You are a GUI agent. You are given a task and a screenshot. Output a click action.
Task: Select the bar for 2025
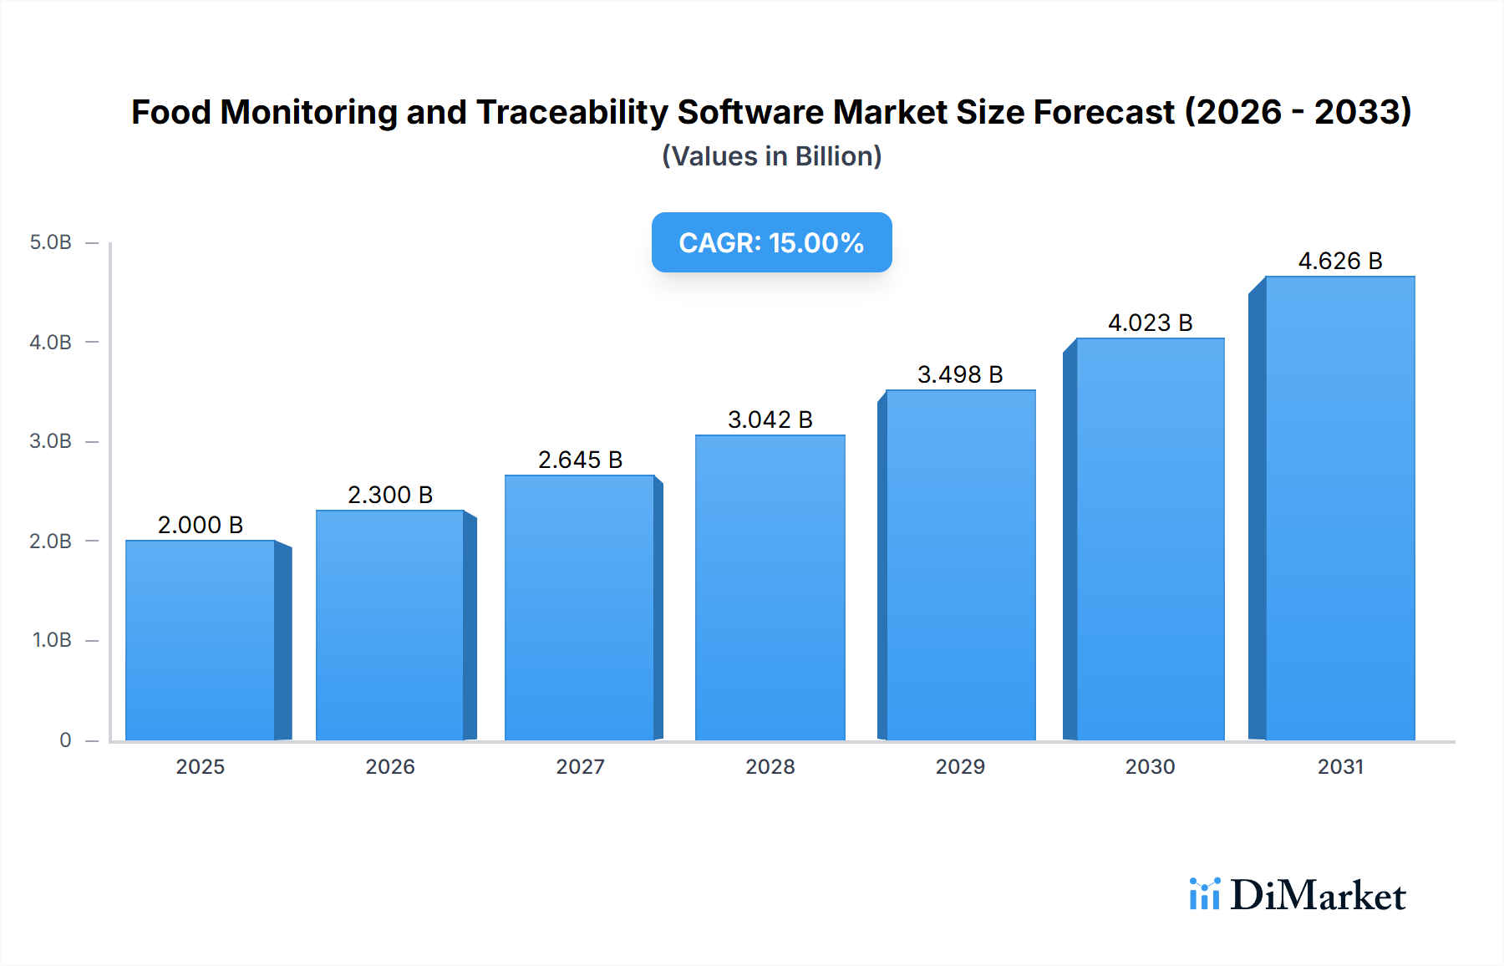[201, 640]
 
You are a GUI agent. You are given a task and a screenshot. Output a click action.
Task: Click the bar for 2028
[770, 587]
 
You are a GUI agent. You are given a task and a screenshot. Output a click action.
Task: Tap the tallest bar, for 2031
[1339, 508]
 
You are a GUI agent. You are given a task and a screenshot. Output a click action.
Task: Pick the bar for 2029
[960, 565]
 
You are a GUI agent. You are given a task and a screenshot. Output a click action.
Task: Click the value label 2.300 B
[390, 495]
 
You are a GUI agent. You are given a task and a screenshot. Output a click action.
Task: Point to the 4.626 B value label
[1339, 261]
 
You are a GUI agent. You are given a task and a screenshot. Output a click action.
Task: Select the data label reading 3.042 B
[770, 419]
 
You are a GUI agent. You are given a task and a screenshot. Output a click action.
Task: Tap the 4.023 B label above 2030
[1150, 323]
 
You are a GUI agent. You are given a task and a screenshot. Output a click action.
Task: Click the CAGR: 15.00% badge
[771, 242]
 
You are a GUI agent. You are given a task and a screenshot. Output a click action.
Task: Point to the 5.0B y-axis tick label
[50, 242]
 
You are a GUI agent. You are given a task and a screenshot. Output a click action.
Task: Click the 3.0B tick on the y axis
[50, 441]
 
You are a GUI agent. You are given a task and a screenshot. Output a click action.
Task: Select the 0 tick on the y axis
[65, 740]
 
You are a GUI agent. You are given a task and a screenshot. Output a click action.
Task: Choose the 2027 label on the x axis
[580, 766]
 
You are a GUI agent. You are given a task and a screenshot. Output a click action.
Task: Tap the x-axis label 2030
[1150, 766]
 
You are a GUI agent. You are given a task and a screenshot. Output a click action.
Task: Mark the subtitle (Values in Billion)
[771, 156]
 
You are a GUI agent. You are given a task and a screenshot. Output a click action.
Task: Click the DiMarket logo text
[1318, 896]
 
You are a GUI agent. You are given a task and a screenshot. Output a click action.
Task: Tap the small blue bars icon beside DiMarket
[1204, 894]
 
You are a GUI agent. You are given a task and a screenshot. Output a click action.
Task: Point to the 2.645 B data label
[580, 460]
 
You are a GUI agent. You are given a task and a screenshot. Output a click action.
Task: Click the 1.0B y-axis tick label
[52, 640]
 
